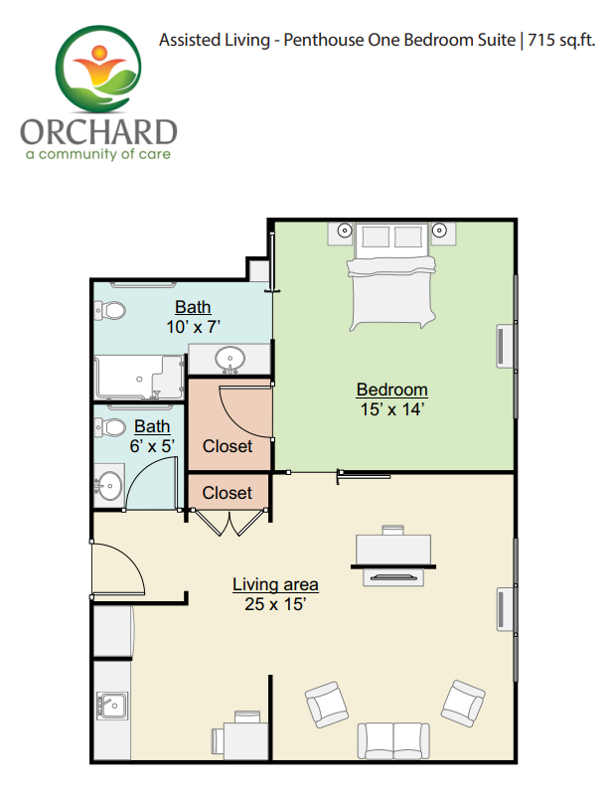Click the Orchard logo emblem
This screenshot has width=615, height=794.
click(x=97, y=69)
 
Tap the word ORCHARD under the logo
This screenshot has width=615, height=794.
click(x=98, y=132)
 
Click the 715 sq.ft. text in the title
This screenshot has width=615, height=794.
click(x=561, y=40)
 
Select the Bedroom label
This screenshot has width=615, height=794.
click(x=391, y=390)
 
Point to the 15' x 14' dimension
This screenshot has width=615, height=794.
click(x=391, y=409)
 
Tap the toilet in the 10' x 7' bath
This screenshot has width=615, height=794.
click(x=110, y=310)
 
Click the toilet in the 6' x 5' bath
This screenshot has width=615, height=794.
click(x=110, y=427)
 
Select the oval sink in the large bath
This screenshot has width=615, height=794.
click(x=230, y=359)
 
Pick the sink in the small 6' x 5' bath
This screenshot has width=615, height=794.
click(x=109, y=486)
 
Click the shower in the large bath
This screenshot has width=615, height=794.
click(x=139, y=378)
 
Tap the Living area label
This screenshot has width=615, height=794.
click(x=275, y=584)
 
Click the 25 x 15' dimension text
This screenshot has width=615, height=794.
click(x=275, y=604)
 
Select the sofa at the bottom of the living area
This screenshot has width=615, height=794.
click(x=393, y=740)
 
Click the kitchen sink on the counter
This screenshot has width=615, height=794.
click(x=112, y=706)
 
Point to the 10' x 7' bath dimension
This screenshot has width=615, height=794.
click(x=194, y=327)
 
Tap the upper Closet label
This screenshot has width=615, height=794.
click(x=228, y=446)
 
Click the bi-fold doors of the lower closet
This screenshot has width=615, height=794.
click(x=230, y=522)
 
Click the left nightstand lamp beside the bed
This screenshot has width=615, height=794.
click(x=344, y=231)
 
